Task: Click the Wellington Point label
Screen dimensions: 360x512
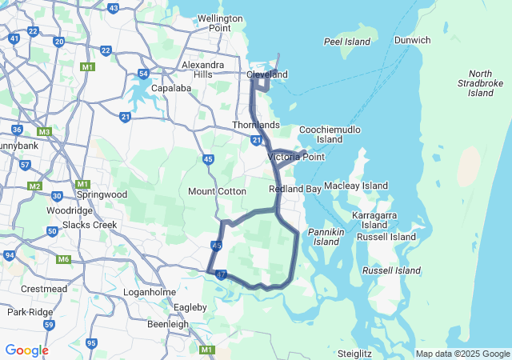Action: click(x=219, y=22)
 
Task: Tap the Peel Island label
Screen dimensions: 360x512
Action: click(x=347, y=42)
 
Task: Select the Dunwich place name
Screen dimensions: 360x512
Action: click(x=412, y=40)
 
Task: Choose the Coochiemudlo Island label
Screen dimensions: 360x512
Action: click(x=330, y=134)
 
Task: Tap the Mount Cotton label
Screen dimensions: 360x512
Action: click(x=217, y=191)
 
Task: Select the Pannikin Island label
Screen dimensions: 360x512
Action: click(x=328, y=236)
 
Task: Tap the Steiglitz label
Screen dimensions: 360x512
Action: click(x=355, y=353)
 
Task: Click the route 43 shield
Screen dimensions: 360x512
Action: click(x=113, y=8)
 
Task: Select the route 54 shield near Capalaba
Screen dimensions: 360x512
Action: click(x=143, y=74)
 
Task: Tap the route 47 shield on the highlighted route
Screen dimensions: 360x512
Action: click(x=222, y=274)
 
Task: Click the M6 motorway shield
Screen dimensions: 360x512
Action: click(x=64, y=259)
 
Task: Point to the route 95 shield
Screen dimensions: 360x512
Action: click(x=92, y=343)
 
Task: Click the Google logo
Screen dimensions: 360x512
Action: click(x=26, y=350)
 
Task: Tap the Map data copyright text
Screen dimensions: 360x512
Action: click(x=462, y=354)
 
